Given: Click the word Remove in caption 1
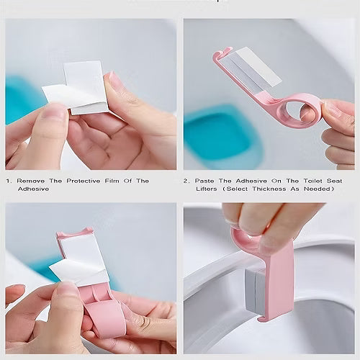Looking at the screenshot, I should (32, 181).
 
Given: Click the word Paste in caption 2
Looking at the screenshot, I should (207, 181).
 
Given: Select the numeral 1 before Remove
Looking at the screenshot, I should (7, 181).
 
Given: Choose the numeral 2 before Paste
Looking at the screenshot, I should (186, 181).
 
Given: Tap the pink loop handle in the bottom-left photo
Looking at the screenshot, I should (109, 317).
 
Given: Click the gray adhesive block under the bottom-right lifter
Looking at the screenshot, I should (256, 292).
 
